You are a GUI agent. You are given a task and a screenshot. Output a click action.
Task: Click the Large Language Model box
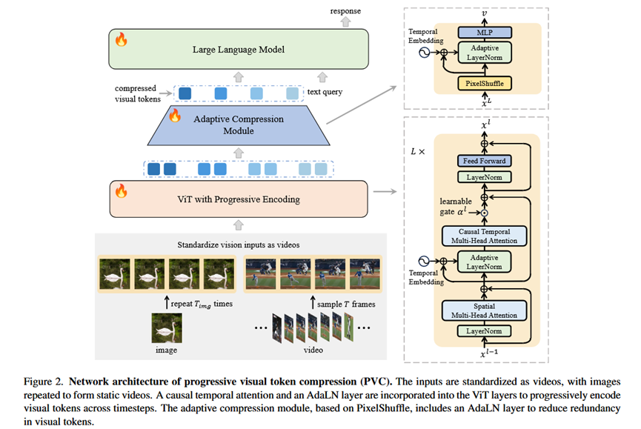(239, 50)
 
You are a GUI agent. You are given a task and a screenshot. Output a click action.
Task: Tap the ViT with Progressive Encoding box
(239, 199)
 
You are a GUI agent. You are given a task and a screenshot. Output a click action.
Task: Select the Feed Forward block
(483, 161)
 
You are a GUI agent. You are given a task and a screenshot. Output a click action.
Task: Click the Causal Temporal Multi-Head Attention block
(483, 236)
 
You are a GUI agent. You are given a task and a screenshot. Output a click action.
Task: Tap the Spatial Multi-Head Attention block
(483, 310)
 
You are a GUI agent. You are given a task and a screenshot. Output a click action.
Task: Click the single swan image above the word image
(167, 327)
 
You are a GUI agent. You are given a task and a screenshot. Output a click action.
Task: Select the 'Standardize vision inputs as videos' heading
(238, 244)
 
